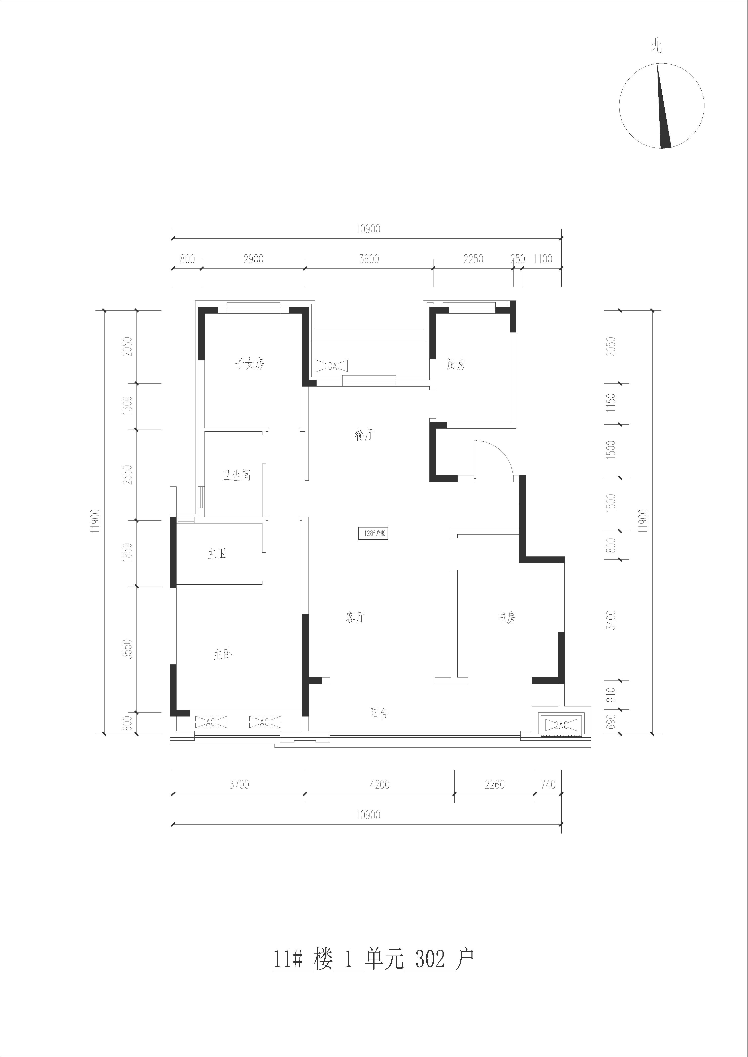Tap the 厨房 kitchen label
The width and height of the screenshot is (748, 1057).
click(456, 365)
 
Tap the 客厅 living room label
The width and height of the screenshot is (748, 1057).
click(355, 617)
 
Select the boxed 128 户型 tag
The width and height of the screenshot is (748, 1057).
click(373, 534)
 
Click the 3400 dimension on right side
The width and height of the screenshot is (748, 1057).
click(611, 620)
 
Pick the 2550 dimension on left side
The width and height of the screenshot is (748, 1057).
click(128, 475)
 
